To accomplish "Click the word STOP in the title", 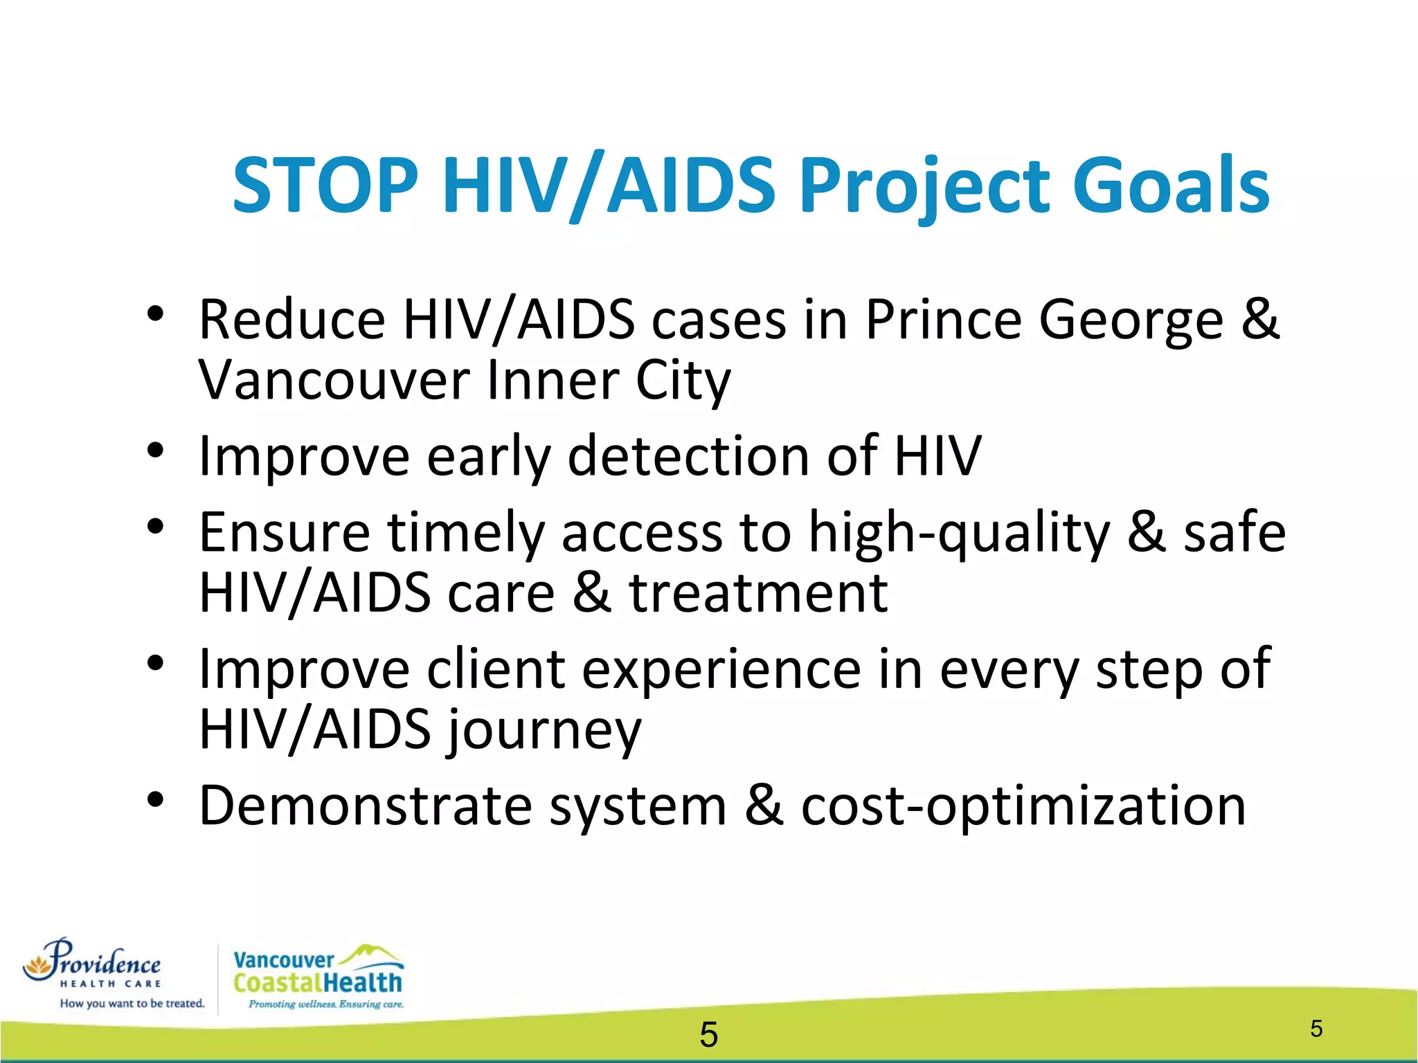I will coord(325,185).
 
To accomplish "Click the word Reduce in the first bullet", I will coord(291,320).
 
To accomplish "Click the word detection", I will coord(688,457).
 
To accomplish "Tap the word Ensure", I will coord(285,533).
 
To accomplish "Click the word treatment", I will coord(758,594).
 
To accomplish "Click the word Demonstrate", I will coord(366,806).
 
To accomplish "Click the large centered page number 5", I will coord(708,1035).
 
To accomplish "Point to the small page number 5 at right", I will coord(1316,1028).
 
